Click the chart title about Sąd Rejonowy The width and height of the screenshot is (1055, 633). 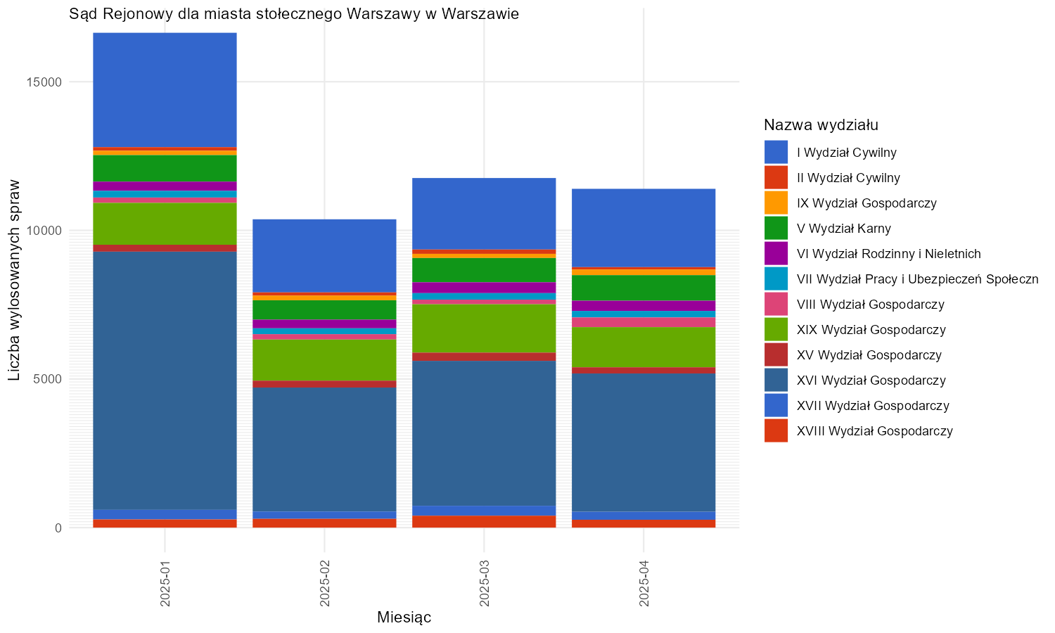[x=294, y=14]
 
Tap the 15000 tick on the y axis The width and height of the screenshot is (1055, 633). [x=44, y=82]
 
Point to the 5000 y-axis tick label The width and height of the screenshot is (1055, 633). [x=47, y=380]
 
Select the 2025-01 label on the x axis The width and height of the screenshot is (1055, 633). [x=165, y=584]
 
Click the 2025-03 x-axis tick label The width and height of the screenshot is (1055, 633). [x=484, y=584]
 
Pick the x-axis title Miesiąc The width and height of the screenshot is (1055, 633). [x=404, y=617]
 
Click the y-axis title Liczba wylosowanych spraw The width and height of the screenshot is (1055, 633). [x=14, y=280]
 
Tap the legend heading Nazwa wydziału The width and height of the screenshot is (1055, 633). [x=821, y=124]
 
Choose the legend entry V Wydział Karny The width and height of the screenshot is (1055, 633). [x=843, y=229]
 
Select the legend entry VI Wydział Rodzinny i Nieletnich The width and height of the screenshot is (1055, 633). [x=889, y=254]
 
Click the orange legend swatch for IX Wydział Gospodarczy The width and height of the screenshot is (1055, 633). [x=776, y=203]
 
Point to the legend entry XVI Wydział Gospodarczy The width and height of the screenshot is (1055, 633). [x=871, y=380]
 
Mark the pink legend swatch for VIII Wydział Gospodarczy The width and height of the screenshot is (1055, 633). [x=776, y=305]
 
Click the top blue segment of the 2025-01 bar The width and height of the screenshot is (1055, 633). [x=165, y=90]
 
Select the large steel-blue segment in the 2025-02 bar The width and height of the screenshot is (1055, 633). [x=324, y=450]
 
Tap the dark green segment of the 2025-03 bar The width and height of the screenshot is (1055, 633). [x=484, y=270]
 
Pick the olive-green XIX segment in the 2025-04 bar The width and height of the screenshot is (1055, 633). [x=644, y=347]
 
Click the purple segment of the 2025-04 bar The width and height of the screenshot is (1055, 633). [x=644, y=306]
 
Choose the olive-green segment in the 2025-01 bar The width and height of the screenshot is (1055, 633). [x=165, y=224]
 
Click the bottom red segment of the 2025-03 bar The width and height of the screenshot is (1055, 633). [x=484, y=522]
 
